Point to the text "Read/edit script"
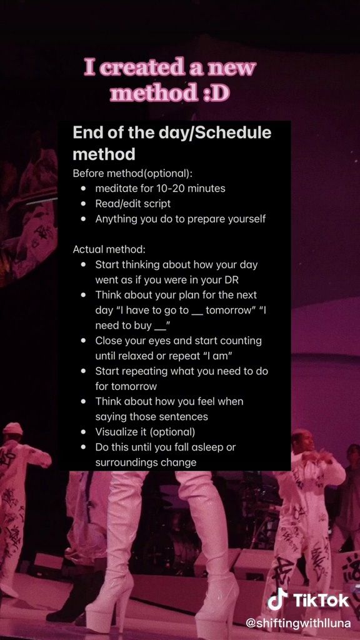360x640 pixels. point(133,203)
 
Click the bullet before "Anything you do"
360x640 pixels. point(84,219)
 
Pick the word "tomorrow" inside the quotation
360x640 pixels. point(227,310)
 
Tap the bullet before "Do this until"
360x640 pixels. point(84,447)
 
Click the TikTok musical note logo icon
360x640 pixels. point(277,600)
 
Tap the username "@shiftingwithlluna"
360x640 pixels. point(298,624)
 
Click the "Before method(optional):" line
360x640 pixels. point(132,173)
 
